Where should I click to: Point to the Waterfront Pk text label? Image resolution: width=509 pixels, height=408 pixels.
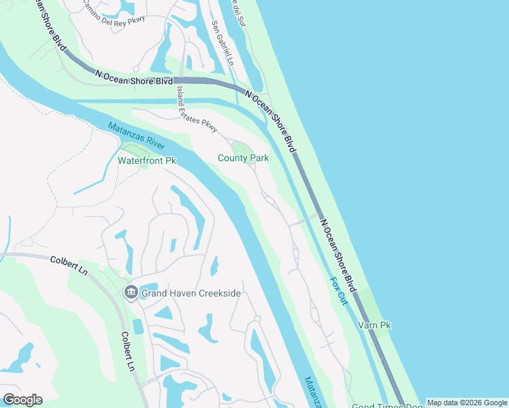[x=146, y=161]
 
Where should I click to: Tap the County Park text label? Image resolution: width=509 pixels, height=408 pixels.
[x=243, y=158]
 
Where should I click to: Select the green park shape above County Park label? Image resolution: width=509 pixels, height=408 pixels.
[x=242, y=148]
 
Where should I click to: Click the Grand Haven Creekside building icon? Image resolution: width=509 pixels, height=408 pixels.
[x=131, y=293]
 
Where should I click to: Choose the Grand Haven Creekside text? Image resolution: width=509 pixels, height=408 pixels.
[x=191, y=294]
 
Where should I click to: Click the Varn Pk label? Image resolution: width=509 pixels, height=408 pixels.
[x=374, y=326]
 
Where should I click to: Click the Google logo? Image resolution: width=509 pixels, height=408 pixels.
[x=22, y=399]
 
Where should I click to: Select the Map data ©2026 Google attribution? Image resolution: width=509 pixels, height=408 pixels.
[x=467, y=403]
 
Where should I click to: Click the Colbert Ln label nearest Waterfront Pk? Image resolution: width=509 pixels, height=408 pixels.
[x=69, y=265]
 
